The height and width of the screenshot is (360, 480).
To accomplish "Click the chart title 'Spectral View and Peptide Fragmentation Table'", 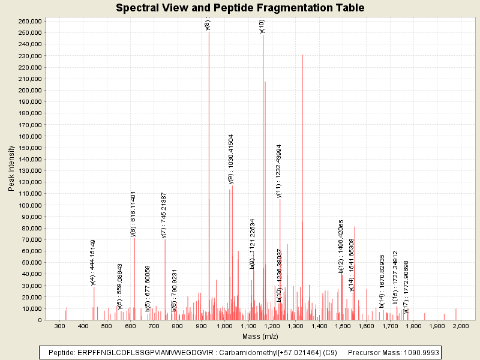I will [x=240, y=8].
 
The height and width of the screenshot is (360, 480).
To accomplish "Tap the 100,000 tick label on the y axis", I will [x=29, y=205].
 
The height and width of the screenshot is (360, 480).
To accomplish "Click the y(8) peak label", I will [x=208, y=25].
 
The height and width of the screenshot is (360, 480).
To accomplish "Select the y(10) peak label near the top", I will [x=262, y=27].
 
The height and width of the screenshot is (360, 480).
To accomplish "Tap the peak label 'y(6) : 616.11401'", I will [x=133, y=214].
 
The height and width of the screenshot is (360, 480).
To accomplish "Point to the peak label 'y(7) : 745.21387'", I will [x=164, y=215].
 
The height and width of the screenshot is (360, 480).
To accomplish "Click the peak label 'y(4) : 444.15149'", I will [x=93, y=262].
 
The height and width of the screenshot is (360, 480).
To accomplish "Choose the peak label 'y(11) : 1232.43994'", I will [x=278, y=170].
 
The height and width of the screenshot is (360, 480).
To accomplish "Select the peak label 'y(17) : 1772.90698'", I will [x=406, y=287].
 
